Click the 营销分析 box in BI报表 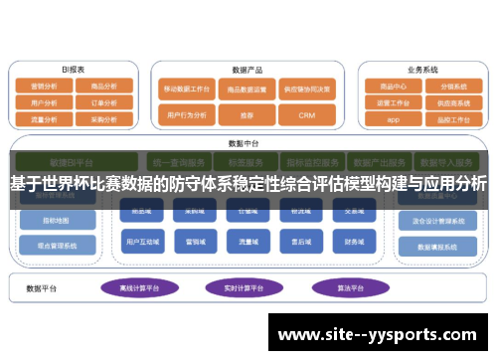tap(46, 87)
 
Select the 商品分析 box tap(103, 87)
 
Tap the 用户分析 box tap(46, 101)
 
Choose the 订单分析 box tap(103, 101)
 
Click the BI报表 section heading tap(73, 70)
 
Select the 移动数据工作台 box tap(187, 89)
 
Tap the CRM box tap(306, 115)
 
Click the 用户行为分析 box tap(187, 115)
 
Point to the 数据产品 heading tap(247, 71)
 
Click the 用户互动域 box tap(137, 242)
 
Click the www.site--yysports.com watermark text tap(382, 334)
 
